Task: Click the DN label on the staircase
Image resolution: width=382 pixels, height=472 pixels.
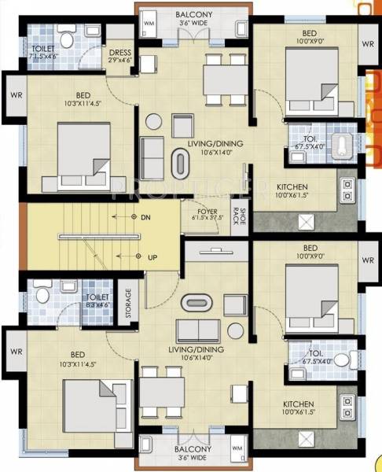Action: click(x=145, y=216)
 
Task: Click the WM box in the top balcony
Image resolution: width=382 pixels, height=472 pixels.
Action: click(x=149, y=24)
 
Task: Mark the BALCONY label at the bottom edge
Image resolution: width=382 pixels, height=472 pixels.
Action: click(x=191, y=452)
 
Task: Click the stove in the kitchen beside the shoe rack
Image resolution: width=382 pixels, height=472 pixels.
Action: click(x=346, y=190)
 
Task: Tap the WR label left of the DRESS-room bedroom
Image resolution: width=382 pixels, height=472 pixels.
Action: click(x=14, y=95)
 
